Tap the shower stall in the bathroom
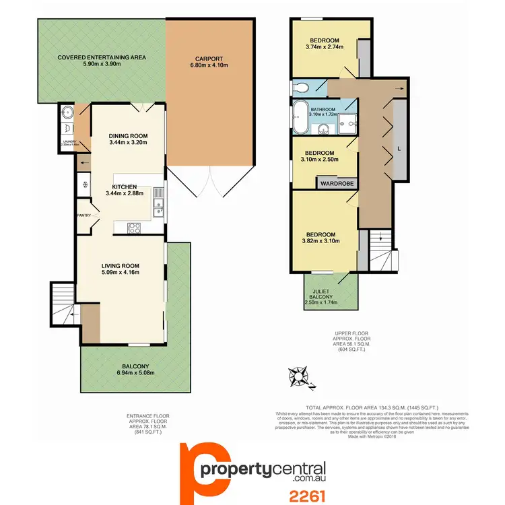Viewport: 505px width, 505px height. click(x=347, y=123)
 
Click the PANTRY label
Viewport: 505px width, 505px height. click(x=85, y=215)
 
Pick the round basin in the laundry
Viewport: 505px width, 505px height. click(x=66, y=112)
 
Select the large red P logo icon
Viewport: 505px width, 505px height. click(x=203, y=467)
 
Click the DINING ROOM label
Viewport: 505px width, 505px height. click(x=128, y=135)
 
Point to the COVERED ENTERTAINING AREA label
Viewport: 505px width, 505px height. click(x=102, y=57)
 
